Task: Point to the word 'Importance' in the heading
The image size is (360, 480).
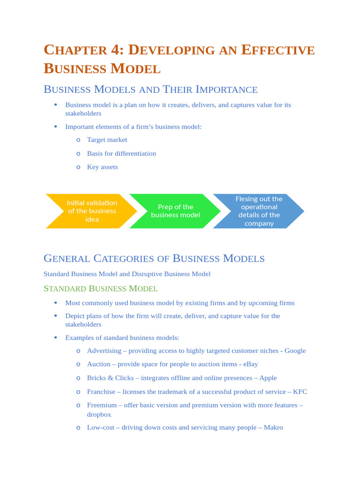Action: point(226,89)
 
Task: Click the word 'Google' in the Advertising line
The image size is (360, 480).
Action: point(295,351)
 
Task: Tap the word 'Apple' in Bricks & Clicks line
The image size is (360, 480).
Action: point(268,378)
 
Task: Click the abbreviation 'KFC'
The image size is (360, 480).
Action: point(300,391)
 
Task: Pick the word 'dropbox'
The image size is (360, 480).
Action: point(99,414)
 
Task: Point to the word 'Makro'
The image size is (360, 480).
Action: point(273,427)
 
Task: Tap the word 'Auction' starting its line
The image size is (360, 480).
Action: point(99,364)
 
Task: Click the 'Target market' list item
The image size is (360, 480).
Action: point(107,140)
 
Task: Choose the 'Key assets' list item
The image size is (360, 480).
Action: point(102,167)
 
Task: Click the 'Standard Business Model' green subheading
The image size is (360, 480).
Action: point(100,289)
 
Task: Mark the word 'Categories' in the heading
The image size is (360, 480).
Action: point(132,258)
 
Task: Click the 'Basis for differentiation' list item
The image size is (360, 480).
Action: point(121,153)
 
